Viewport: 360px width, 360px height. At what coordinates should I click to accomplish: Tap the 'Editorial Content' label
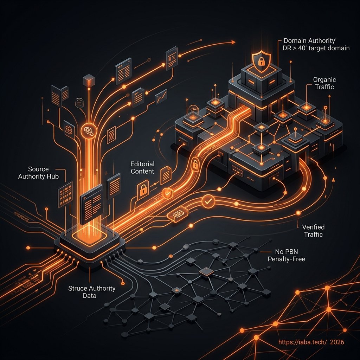tap(142, 168)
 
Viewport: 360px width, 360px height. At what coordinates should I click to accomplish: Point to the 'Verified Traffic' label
tap(311, 231)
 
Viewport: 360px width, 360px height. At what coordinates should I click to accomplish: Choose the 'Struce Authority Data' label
tap(92, 292)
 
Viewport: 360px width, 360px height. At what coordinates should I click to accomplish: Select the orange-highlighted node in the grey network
tap(206, 271)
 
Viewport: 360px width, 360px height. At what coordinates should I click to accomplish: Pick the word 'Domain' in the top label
tap(295, 40)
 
